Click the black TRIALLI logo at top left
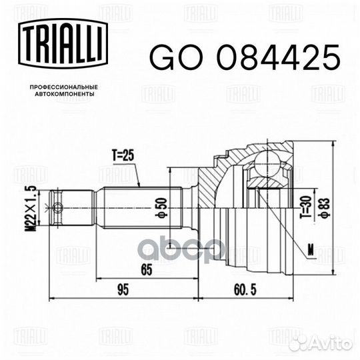[x=63, y=43]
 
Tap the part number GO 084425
[x=245, y=57]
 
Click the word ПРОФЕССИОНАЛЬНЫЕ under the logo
[x=64, y=87]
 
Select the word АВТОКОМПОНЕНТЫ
[x=65, y=94]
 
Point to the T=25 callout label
[x=123, y=155]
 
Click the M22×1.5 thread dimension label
[x=31, y=207]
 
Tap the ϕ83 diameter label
[x=325, y=207]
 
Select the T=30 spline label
[x=305, y=207]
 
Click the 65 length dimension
[x=147, y=269]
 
